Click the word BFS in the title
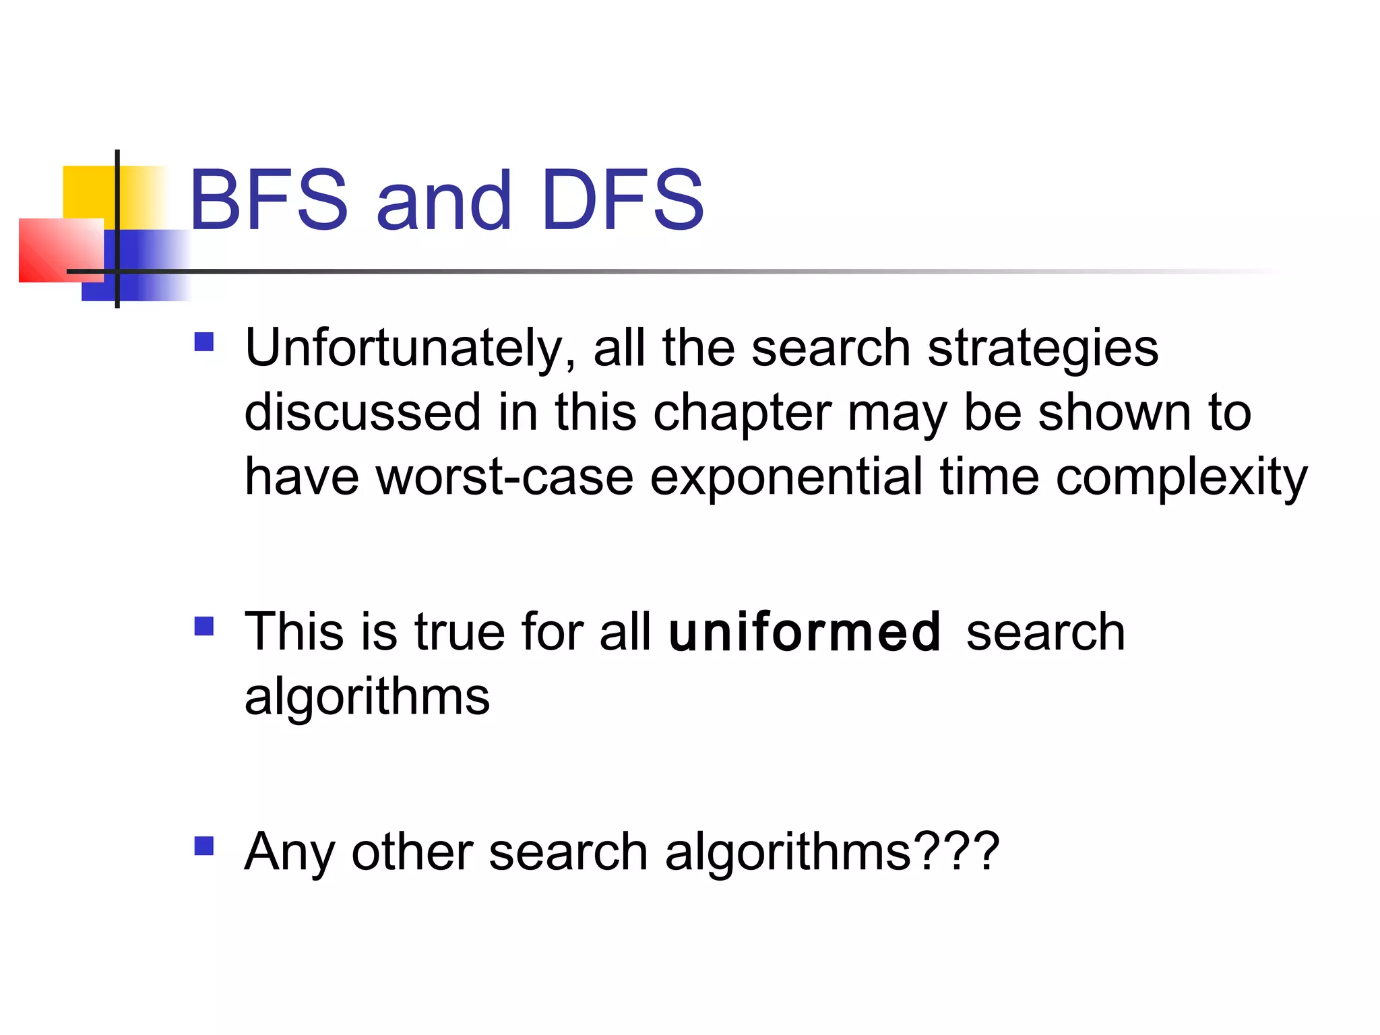click(x=269, y=200)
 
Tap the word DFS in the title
click(x=622, y=200)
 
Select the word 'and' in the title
click(x=444, y=200)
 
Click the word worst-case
click(x=504, y=476)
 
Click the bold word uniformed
click(x=805, y=632)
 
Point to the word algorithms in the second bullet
click(x=367, y=697)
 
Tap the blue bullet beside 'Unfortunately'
click(x=203, y=342)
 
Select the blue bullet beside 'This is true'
click(x=203, y=627)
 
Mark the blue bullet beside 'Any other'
click(x=203, y=846)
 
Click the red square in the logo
click(x=54, y=251)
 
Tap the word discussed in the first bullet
click(x=363, y=412)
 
